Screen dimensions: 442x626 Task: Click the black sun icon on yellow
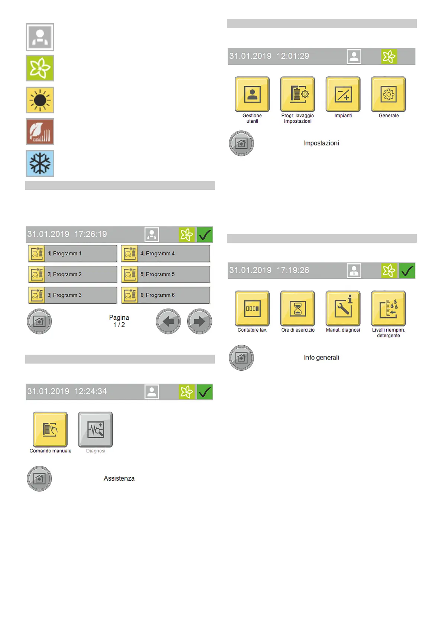[x=40, y=100]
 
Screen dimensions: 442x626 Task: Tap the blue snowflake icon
[x=40, y=163]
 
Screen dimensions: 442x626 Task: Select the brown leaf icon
[x=40, y=132]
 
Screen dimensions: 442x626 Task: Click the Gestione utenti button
[x=252, y=94]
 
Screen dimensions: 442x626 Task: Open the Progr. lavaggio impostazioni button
[x=298, y=94]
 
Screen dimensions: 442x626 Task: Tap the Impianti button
[x=343, y=94]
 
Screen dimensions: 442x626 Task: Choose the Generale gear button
[x=389, y=94]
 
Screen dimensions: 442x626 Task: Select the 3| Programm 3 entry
[x=73, y=295]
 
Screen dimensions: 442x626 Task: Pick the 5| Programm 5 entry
[x=166, y=274]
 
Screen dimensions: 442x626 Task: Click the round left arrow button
[x=168, y=321]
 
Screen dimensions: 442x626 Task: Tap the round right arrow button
[x=199, y=321]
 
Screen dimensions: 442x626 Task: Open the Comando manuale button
[x=50, y=429]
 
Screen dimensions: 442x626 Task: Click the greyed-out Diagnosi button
[x=95, y=429]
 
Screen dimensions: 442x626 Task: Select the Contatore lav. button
[x=252, y=309]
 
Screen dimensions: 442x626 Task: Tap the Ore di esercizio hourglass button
[x=298, y=309]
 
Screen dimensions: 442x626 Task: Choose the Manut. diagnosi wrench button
[x=343, y=309]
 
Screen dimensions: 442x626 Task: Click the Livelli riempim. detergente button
[x=389, y=309]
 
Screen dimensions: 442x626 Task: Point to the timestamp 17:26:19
[x=91, y=234]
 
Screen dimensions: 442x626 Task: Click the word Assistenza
[x=119, y=478]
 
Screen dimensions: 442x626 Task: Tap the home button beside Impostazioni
[x=241, y=143]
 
